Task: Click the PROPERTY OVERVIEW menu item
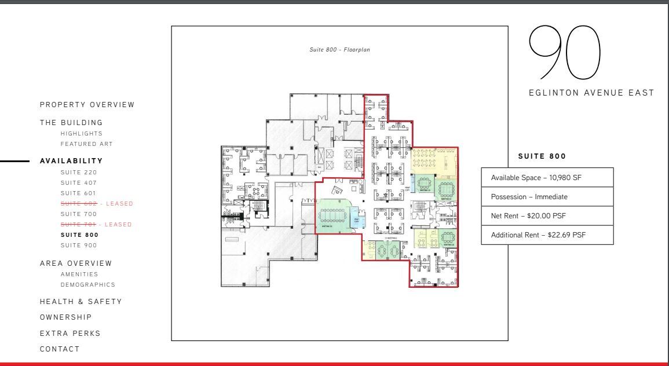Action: [87, 105]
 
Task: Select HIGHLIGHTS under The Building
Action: [81, 133]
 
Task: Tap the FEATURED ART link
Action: [86, 144]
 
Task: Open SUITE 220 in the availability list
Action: [79, 173]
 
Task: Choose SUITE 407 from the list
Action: [79, 183]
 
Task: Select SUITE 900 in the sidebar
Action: [79, 246]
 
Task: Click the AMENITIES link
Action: [79, 274]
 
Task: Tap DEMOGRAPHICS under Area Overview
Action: [87, 284]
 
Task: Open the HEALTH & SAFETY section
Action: [81, 302]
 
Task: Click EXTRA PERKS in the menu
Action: [70, 334]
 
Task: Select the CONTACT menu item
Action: [60, 349]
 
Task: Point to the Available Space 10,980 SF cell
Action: [547, 178]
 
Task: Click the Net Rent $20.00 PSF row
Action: [547, 216]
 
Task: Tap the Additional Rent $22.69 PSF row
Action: [547, 235]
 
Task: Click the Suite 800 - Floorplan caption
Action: [339, 50]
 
